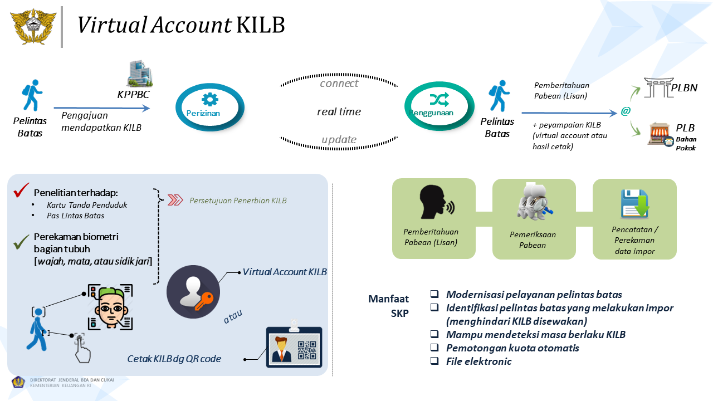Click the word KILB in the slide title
point(260,26)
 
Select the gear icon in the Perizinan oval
point(210,100)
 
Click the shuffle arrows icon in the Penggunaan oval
point(438,99)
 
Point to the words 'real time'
point(339,112)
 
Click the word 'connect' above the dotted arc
point(339,84)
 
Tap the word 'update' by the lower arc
point(339,140)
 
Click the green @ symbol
point(626,111)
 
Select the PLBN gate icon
point(657,88)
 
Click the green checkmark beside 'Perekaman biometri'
point(21,241)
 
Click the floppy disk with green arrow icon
point(634,204)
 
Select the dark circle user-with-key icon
point(193,292)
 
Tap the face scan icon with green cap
point(110,307)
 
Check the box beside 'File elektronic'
point(434,361)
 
